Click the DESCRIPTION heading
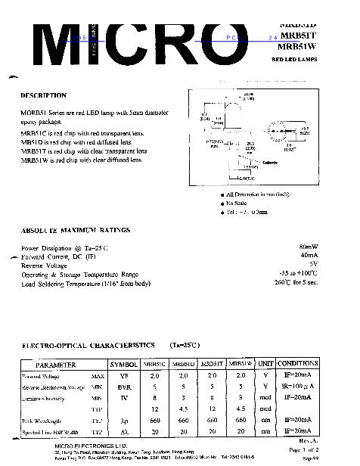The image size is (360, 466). coord(43,96)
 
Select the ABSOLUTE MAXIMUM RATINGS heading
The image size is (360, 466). coord(75,229)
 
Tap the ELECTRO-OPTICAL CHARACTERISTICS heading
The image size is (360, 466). coord(90,343)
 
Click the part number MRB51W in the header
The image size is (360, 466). coord(296,45)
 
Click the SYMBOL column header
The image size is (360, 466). coord(124,364)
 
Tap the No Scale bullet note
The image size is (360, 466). coord(232,203)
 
